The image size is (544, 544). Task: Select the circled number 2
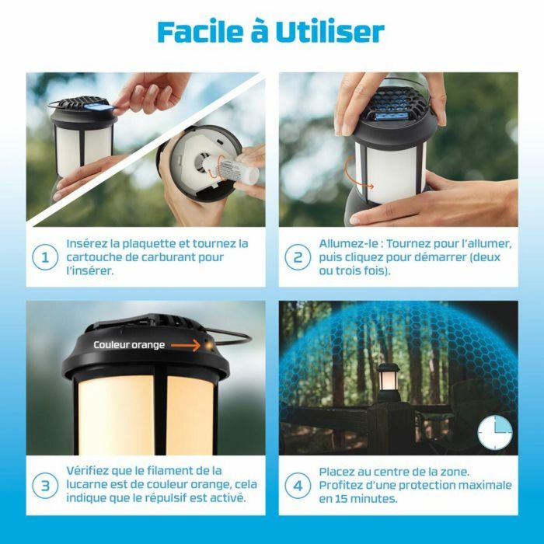click(297, 257)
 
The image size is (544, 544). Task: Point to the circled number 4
click(297, 485)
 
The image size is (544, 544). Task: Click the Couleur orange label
click(129, 344)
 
